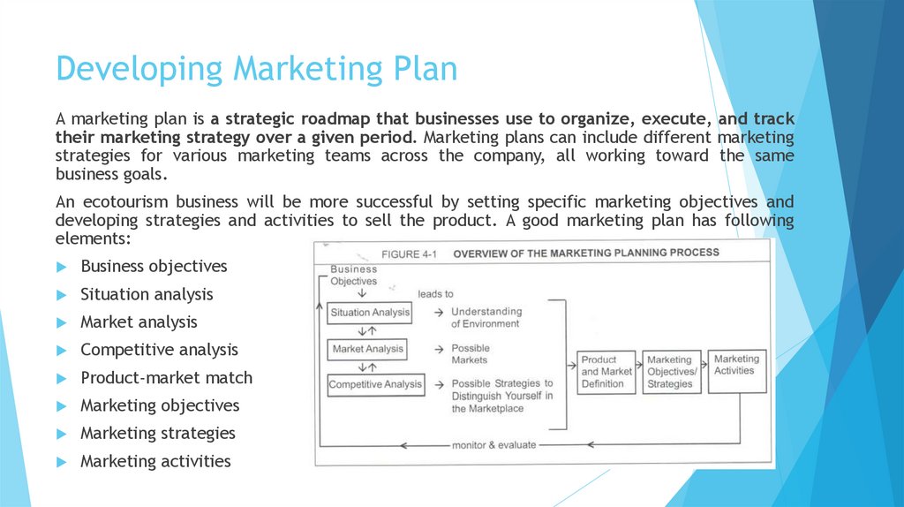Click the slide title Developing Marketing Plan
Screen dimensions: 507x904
pos(256,69)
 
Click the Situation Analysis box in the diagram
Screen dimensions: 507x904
pos(370,313)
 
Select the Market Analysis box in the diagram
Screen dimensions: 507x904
pos(367,349)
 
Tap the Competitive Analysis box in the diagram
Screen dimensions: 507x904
pos(375,384)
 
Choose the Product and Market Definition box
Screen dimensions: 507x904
pos(606,372)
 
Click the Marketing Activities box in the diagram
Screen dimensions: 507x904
pos(735,365)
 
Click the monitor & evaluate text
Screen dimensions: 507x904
pos(494,444)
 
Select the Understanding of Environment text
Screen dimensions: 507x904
pos(486,318)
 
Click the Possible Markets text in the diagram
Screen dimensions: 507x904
pos(470,354)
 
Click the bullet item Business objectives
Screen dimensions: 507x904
pos(154,266)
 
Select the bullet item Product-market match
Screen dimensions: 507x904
pos(166,377)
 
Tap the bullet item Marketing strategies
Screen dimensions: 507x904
pos(157,433)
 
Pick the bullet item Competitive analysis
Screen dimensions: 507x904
pos(159,350)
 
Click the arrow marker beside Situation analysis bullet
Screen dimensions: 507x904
pos(61,295)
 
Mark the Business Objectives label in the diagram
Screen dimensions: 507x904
pos(353,275)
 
